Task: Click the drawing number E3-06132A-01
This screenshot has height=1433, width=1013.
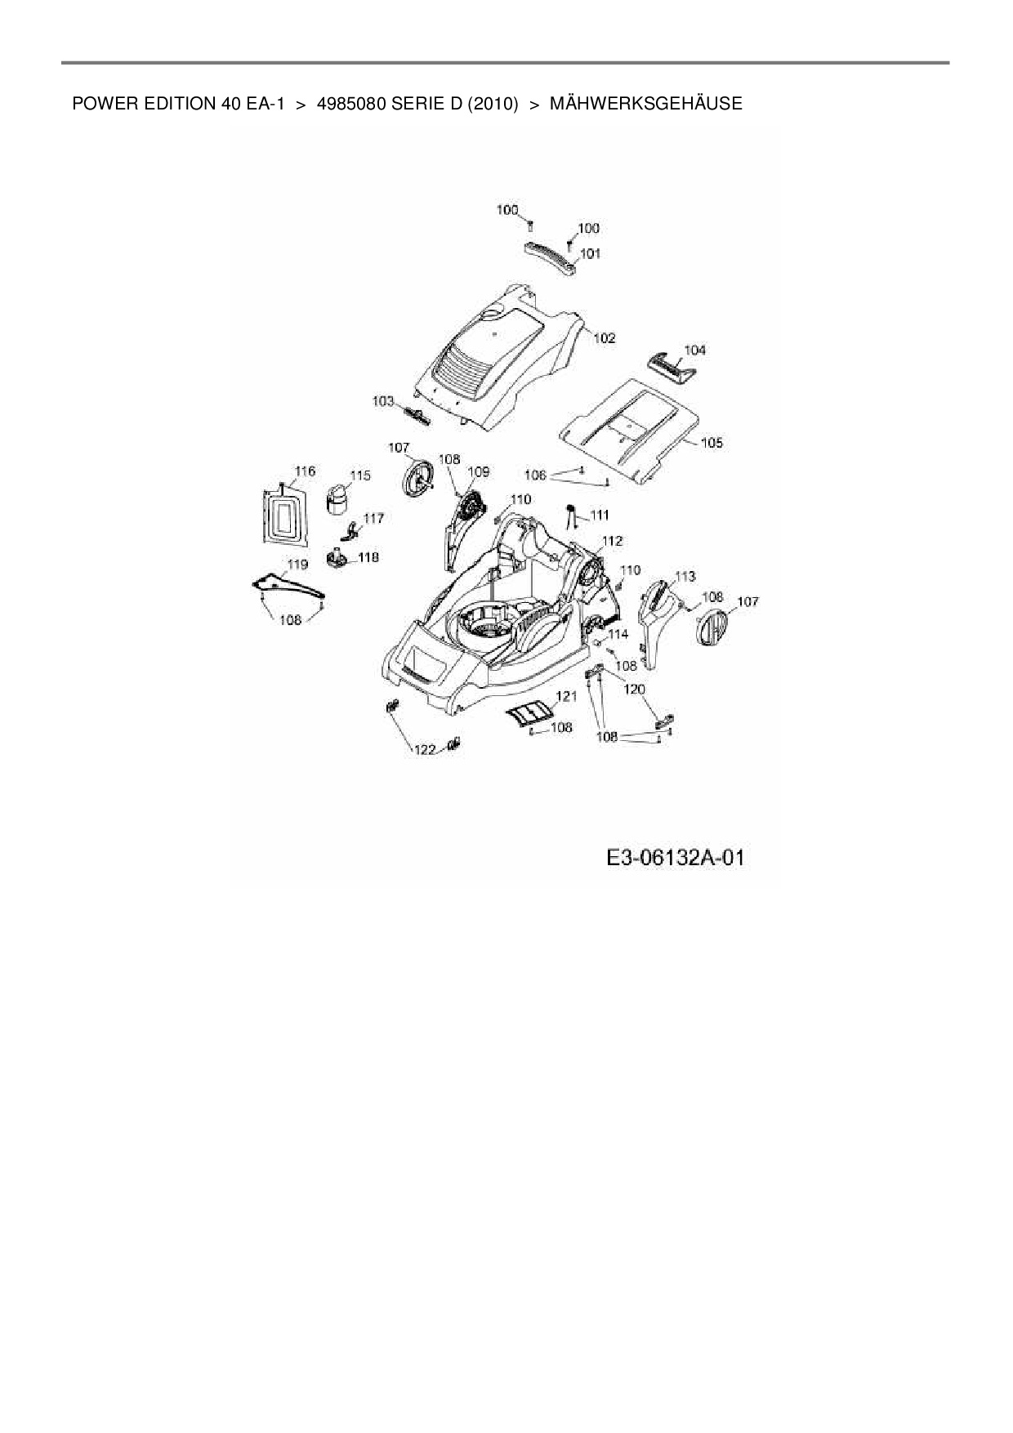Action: (x=676, y=858)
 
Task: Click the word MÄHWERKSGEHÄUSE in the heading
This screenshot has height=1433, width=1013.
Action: (x=645, y=104)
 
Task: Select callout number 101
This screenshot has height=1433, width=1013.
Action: (x=590, y=253)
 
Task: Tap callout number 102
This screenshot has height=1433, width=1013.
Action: (x=605, y=337)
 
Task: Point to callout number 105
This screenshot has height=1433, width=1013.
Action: (x=712, y=443)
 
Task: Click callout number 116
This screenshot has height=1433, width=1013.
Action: (x=305, y=471)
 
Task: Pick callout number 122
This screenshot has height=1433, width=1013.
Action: (x=425, y=750)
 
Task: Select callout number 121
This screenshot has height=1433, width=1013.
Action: (x=566, y=696)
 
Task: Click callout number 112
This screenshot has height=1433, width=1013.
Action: (x=612, y=540)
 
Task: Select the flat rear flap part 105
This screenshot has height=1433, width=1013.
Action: (x=629, y=429)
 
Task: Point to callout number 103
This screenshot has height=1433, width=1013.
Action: (x=383, y=401)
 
